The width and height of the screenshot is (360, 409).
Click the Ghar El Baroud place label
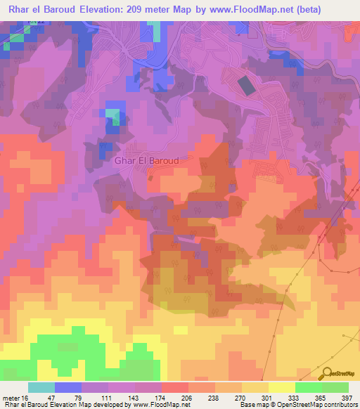pyautogui.click(x=146, y=160)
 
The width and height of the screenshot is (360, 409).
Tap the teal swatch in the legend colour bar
pyautogui.click(x=41, y=387)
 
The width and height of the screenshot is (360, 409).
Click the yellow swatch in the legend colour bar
pyautogui.click(x=281, y=387)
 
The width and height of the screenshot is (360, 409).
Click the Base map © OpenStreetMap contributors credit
pyautogui.click(x=296, y=405)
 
